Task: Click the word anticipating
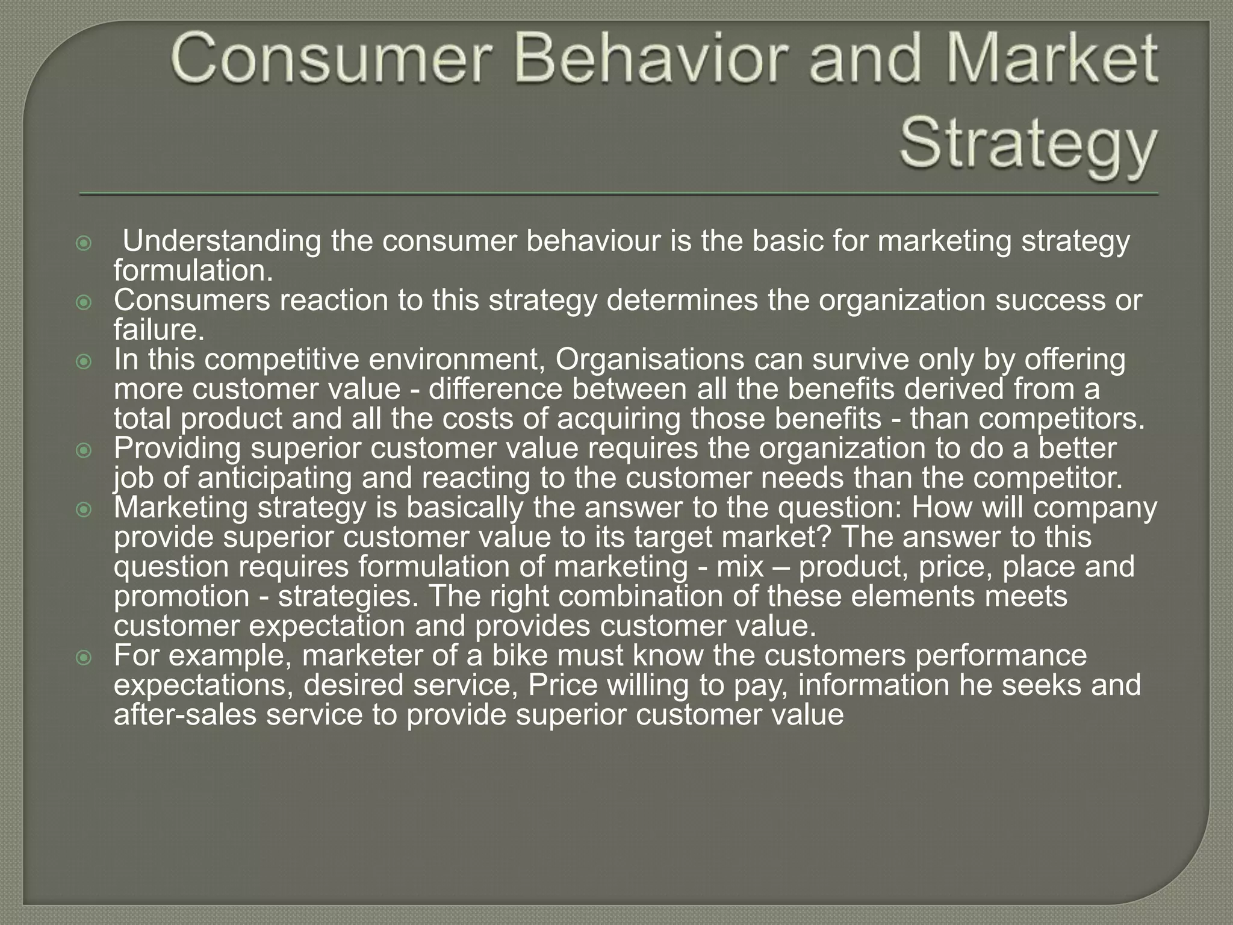click(274, 478)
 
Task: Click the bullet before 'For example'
click(84, 657)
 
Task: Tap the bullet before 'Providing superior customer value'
click(84, 450)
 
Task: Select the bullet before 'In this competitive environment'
click(84, 361)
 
